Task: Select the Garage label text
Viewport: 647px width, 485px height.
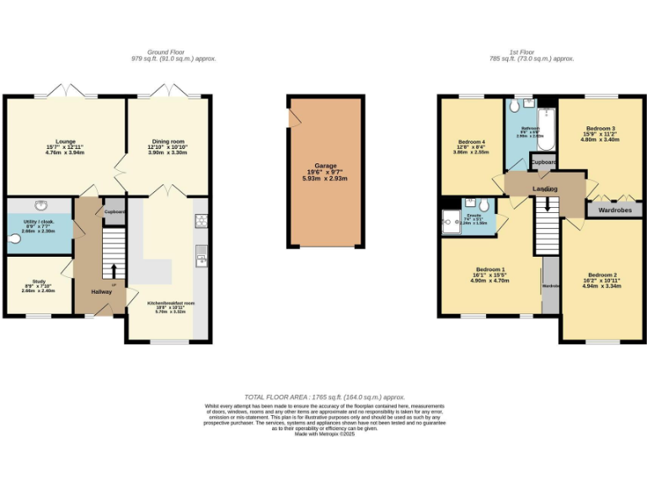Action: coord(325,166)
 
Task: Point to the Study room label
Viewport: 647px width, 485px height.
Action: coord(39,282)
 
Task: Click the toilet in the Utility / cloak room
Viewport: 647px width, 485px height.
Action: coord(12,238)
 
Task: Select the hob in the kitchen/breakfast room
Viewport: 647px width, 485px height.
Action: coord(202,221)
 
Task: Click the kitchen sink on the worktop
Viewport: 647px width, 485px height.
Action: coord(202,253)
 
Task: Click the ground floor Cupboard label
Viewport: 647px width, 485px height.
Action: coord(115,211)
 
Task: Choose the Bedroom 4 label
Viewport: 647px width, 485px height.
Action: coord(471,141)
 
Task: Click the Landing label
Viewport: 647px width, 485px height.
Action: coord(545,189)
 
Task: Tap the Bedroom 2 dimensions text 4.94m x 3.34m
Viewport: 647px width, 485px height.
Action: coord(602,286)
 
